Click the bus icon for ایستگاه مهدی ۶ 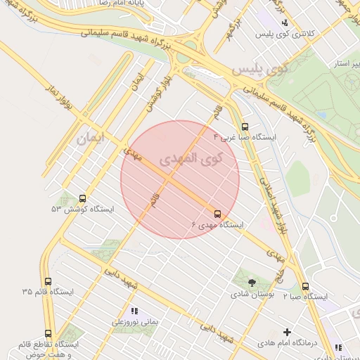tap(217, 213)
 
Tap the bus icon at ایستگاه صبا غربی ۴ tap(245, 127)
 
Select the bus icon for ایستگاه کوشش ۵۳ tap(83, 198)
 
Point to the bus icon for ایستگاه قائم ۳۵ tap(48, 281)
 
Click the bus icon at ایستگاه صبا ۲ tap(305, 286)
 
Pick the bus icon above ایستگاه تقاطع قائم tap(49, 333)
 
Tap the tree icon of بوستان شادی tap(252, 281)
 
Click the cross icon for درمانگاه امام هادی tap(287, 332)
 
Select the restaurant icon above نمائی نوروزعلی tap(134, 311)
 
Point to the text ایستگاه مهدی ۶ tap(217, 225)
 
